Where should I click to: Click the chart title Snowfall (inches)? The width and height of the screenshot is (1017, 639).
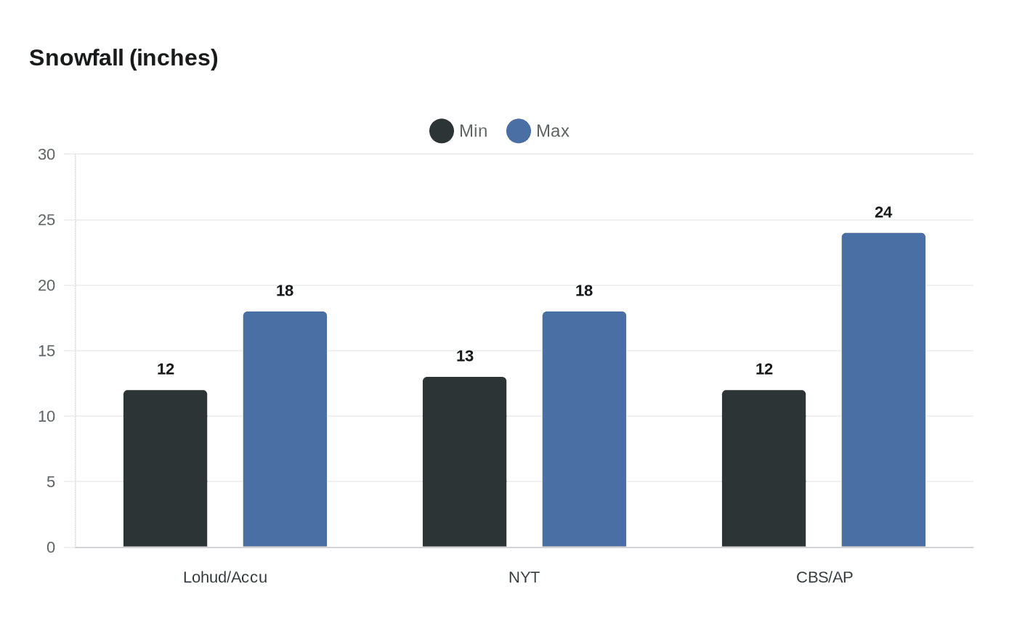[123, 58]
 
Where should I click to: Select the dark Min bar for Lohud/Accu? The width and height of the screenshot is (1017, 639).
[165, 468]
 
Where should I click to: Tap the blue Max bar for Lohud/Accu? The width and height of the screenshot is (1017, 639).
[285, 429]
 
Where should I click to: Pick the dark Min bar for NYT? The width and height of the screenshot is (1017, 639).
[464, 462]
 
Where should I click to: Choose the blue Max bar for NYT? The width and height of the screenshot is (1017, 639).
[584, 429]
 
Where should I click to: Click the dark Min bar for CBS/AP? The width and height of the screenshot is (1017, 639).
[763, 468]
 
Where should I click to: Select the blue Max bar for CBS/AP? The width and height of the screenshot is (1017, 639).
[883, 390]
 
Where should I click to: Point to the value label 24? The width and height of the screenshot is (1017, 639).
[883, 212]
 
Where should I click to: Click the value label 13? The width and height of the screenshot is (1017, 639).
[465, 356]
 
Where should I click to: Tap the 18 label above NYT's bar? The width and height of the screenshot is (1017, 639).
[584, 290]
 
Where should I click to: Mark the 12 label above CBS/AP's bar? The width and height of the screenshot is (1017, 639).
[764, 369]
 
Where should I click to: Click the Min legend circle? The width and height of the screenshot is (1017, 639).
[442, 131]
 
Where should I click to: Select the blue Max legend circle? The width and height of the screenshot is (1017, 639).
[519, 131]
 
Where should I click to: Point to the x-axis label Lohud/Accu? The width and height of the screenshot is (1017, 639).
[225, 577]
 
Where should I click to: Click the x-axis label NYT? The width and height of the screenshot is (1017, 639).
[524, 577]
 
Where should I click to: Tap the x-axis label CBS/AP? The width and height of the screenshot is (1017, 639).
[824, 577]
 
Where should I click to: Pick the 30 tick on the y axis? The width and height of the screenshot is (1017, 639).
[46, 154]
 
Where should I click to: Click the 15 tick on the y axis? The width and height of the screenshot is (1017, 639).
[46, 351]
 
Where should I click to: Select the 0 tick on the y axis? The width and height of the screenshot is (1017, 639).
[51, 548]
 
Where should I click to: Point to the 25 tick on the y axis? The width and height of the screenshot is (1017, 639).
[46, 219]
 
